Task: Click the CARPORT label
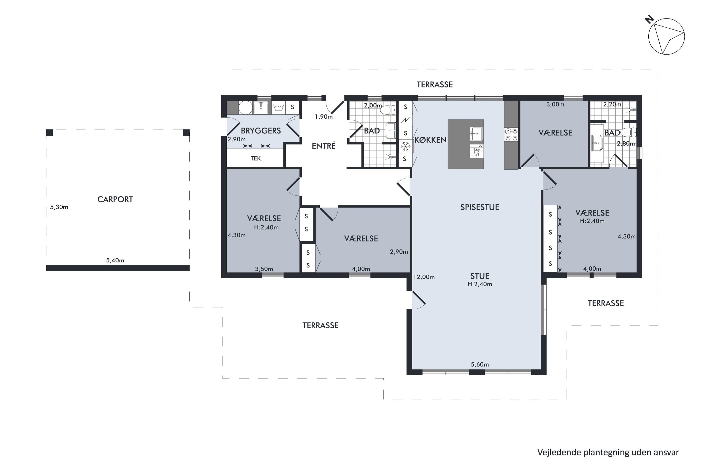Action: coord(115,200)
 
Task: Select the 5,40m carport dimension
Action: coord(115,261)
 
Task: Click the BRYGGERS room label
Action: coord(261,131)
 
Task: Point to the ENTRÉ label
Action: coord(324,146)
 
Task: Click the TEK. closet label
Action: coord(256,159)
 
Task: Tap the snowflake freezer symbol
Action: coord(405,146)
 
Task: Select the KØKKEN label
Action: coord(430,140)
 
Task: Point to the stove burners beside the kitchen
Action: coord(511,135)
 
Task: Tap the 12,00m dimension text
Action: coord(424,277)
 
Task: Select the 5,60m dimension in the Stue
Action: coord(480,364)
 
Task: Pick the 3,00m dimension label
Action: coord(555,104)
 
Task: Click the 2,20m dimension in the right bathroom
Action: coord(612,104)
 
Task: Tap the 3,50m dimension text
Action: coord(264,269)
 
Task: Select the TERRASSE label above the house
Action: coord(435,85)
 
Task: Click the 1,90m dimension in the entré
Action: coord(324,117)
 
